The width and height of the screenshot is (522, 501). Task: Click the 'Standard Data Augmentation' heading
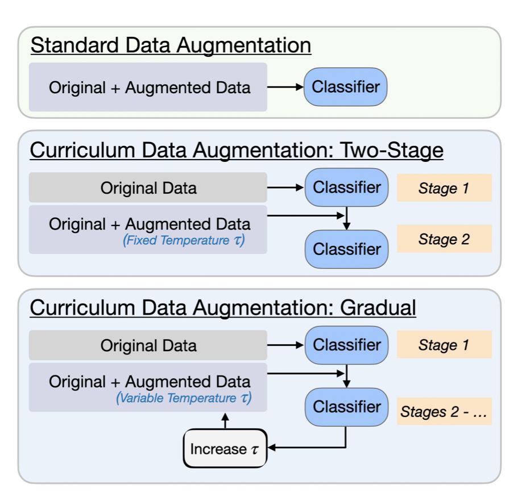tap(171, 45)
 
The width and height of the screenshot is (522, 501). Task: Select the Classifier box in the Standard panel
tap(346, 87)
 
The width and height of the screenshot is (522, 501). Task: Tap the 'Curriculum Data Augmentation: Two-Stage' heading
tap(237, 150)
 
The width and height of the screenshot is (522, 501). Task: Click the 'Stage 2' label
tap(444, 239)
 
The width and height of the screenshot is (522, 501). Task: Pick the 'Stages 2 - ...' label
tap(444, 411)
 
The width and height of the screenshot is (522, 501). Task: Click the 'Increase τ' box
tap(225, 449)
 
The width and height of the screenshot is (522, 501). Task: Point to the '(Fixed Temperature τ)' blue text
tap(184, 240)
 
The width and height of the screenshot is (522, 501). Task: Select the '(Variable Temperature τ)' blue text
tap(184, 398)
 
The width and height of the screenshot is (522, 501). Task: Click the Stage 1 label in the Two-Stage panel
tap(444, 188)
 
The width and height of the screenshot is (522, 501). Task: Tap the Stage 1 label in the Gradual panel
tap(444, 345)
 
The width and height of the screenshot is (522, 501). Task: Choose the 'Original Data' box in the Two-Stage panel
tap(148, 187)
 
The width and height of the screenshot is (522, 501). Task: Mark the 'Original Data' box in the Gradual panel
tap(148, 345)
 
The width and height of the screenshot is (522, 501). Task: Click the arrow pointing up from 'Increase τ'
tap(225, 421)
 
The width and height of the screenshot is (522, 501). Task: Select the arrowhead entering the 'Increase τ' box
tap(271, 448)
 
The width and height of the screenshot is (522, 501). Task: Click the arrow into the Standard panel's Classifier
tap(285, 87)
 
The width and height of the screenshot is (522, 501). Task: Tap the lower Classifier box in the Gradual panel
tap(346, 407)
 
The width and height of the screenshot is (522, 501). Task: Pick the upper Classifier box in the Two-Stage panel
tap(346, 187)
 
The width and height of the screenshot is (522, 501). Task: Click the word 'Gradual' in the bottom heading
tap(378, 307)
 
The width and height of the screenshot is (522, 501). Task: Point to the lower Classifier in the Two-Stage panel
tap(346, 249)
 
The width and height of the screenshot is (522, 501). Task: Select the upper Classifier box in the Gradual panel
tap(346, 345)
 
